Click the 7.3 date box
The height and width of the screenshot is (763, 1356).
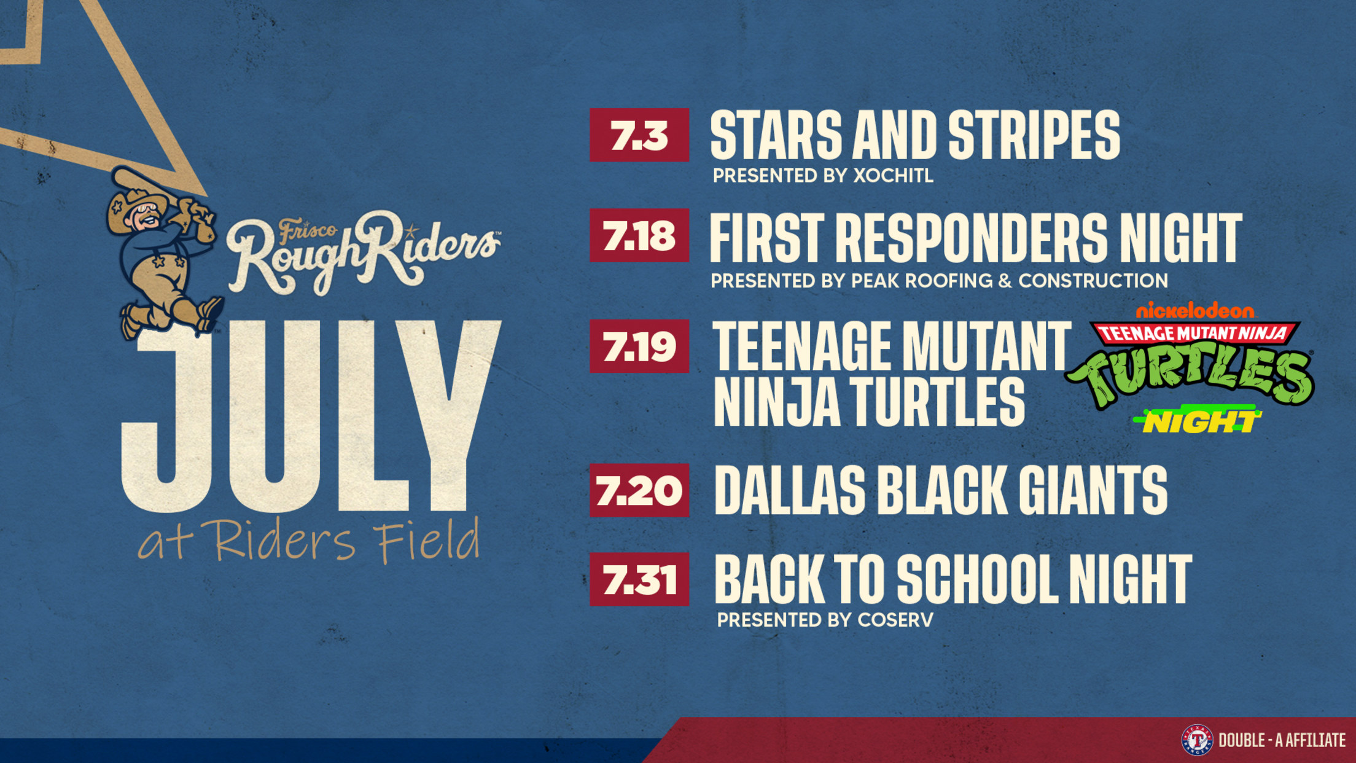pos(639,135)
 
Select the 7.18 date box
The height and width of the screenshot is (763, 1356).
pos(639,235)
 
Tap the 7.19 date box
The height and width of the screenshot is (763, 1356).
pos(639,346)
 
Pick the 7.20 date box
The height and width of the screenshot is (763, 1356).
pos(639,490)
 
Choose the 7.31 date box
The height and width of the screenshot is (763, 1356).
pos(639,579)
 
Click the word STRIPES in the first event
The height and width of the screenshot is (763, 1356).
pos(1034,136)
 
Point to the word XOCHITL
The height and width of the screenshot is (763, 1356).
pos(893,176)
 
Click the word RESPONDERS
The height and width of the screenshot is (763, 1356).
pos(972,238)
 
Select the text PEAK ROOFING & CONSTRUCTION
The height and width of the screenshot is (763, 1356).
pos(1009,281)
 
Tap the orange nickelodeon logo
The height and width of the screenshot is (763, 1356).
pos(1195,311)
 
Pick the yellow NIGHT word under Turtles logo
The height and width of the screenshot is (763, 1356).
pos(1198,421)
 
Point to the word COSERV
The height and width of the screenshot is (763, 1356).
pos(895,620)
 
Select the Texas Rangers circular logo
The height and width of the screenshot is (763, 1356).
pos(1198,740)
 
